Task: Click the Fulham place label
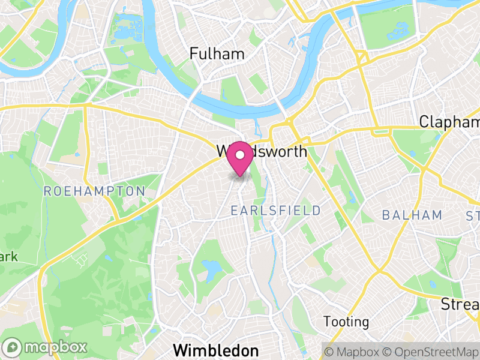click(x=217, y=53)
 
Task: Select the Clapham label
click(x=449, y=122)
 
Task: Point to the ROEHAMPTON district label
click(x=95, y=191)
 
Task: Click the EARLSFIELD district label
click(x=276, y=210)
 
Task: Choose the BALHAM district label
click(x=412, y=215)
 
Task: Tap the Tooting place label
click(x=346, y=322)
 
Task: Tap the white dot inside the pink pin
click(x=241, y=155)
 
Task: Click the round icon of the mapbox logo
click(x=13, y=347)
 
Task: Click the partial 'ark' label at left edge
click(x=9, y=257)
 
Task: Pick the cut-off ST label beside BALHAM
click(x=472, y=215)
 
